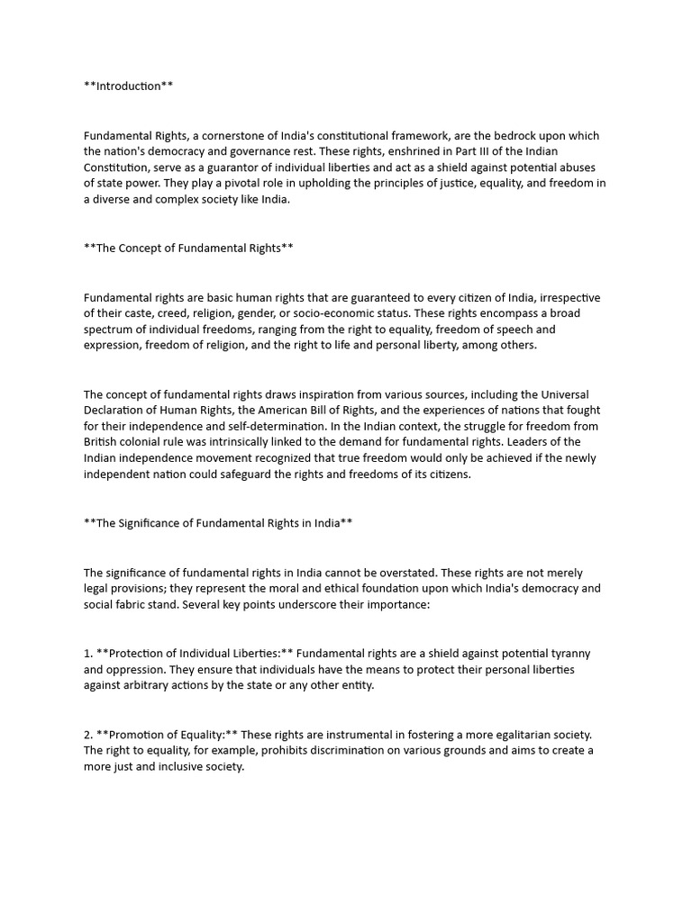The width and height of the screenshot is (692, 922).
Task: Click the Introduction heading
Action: pyautogui.click(x=128, y=86)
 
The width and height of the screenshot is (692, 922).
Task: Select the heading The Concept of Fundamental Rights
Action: pyautogui.click(x=188, y=248)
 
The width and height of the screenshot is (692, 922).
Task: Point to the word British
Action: pyautogui.click(x=102, y=443)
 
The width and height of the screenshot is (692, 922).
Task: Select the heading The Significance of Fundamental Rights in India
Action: pyautogui.click(x=217, y=523)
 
